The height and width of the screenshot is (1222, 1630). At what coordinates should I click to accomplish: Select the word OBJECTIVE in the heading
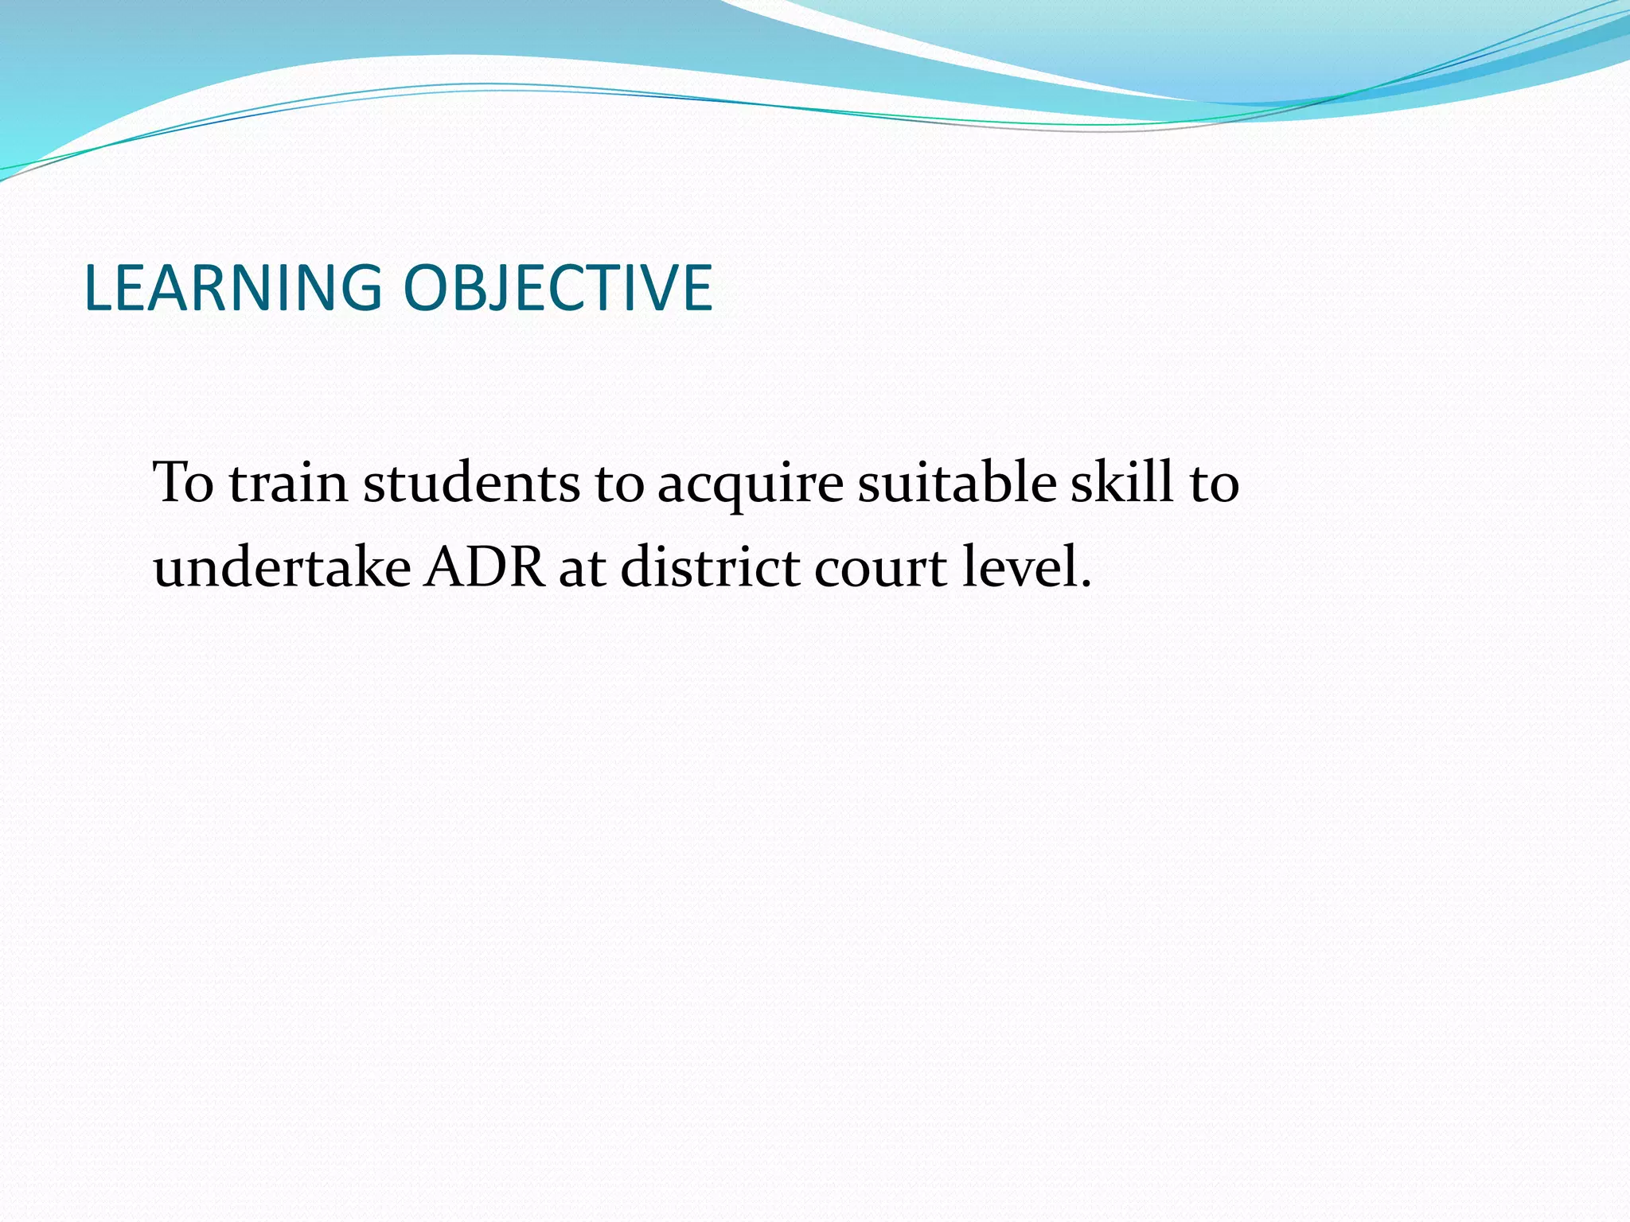point(557,288)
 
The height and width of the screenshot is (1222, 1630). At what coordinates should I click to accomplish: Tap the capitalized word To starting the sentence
point(184,482)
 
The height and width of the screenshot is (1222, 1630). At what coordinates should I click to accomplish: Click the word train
point(288,482)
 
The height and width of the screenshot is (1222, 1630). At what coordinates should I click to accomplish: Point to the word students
point(471,482)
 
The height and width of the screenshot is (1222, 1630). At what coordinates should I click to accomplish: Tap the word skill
point(1121,482)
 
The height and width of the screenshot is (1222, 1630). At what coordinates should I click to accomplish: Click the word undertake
point(282,567)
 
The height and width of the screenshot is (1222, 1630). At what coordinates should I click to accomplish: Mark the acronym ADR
point(485,567)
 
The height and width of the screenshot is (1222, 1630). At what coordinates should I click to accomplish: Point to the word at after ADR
point(583,569)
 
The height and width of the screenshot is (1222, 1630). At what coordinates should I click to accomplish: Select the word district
point(710,567)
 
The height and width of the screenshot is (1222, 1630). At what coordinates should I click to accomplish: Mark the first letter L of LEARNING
point(97,288)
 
